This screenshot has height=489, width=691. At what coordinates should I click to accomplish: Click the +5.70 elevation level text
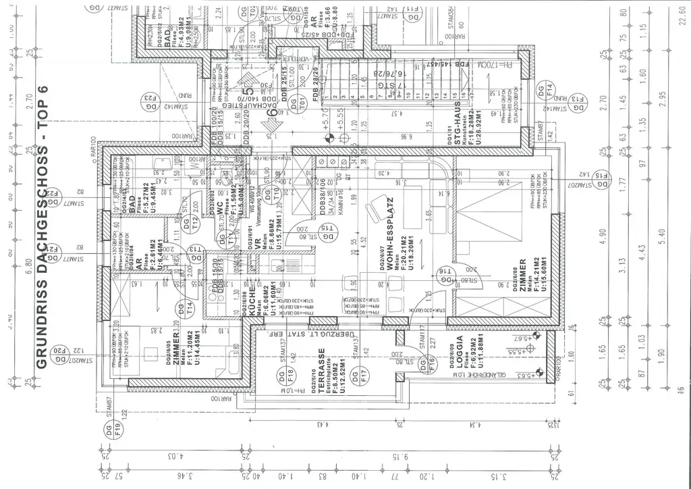coord(325,124)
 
